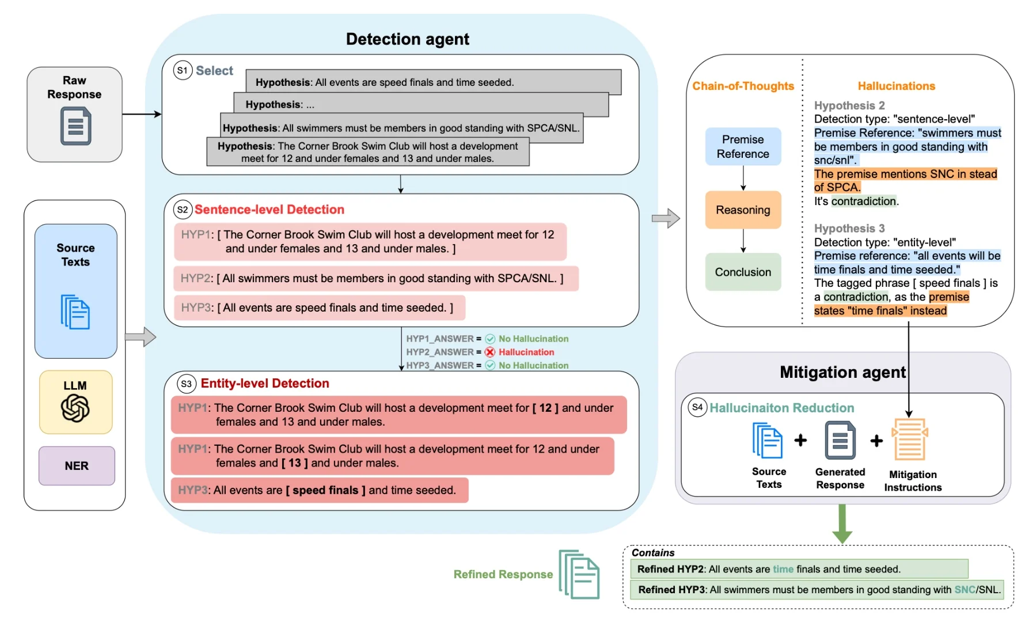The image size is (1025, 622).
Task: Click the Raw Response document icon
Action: pyautogui.click(x=75, y=126)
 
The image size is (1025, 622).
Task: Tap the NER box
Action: pyautogui.click(x=77, y=465)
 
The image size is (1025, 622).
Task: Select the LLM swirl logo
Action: pyautogui.click(x=75, y=409)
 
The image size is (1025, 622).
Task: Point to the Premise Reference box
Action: pyautogui.click(x=743, y=147)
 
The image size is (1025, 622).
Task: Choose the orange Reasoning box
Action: pyautogui.click(x=743, y=210)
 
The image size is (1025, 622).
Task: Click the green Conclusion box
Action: pyautogui.click(x=743, y=272)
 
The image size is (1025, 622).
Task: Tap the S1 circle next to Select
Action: pyautogui.click(x=183, y=70)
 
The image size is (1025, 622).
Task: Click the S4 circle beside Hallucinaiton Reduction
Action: pyautogui.click(x=697, y=407)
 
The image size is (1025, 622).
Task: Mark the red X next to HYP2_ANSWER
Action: pyautogui.click(x=490, y=352)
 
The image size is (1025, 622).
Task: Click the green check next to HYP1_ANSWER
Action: pyautogui.click(x=490, y=339)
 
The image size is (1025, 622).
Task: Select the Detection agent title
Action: pyautogui.click(x=407, y=39)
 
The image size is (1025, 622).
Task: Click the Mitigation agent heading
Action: pyautogui.click(x=842, y=372)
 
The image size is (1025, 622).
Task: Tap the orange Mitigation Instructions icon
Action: pyautogui.click(x=910, y=439)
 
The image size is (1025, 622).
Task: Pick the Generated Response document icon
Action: pyautogui.click(x=840, y=440)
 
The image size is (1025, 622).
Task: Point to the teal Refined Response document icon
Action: pyautogui.click(x=579, y=574)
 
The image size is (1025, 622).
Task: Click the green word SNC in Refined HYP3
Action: pyautogui.click(x=965, y=590)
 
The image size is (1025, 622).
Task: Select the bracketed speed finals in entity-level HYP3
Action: pyautogui.click(x=325, y=490)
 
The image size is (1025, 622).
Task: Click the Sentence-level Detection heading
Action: pyautogui.click(x=269, y=210)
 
